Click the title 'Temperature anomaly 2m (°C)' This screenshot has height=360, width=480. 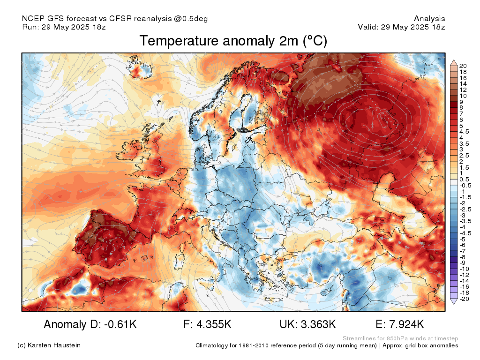click(233, 41)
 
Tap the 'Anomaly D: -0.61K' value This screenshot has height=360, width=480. click(90, 324)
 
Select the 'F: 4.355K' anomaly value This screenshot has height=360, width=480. click(208, 324)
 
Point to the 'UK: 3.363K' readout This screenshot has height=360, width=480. click(307, 324)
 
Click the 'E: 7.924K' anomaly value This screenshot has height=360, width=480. click(400, 324)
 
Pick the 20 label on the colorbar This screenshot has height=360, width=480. click(463, 66)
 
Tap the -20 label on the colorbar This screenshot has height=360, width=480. click(464, 299)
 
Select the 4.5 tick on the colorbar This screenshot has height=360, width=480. click(464, 132)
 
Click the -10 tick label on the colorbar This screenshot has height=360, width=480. click(464, 269)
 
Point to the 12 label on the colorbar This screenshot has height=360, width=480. click(463, 90)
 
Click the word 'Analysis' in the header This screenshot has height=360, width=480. click(429, 19)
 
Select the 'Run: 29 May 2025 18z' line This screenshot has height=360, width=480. click(64, 27)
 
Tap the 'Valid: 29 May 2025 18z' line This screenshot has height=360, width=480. click(401, 27)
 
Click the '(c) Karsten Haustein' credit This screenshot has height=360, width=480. click(49, 345)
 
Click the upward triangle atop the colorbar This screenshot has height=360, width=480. click(454, 63)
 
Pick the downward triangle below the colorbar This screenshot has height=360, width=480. click(454, 301)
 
